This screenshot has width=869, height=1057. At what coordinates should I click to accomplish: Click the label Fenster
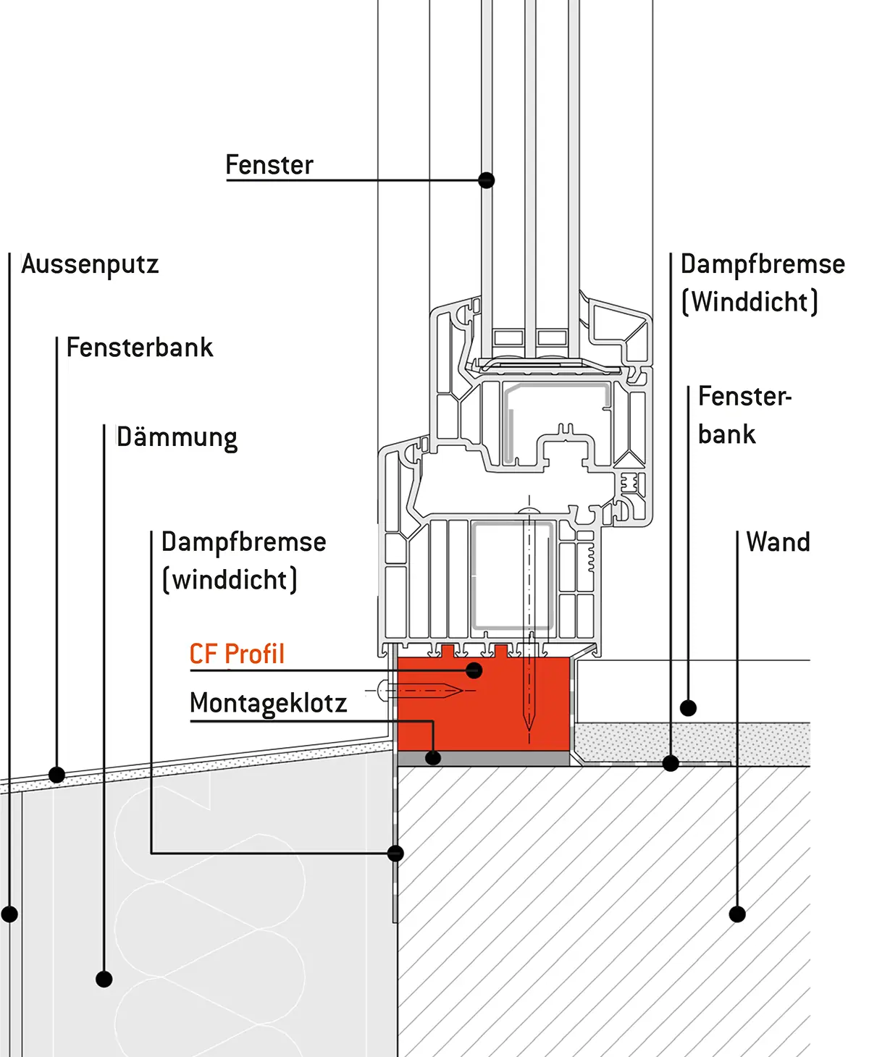click(269, 165)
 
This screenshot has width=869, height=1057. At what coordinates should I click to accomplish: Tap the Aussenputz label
click(90, 264)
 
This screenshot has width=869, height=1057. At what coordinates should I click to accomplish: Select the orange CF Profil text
click(237, 654)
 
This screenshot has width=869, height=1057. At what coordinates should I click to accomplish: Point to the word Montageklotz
click(268, 703)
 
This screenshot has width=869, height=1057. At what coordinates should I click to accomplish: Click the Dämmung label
click(177, 438)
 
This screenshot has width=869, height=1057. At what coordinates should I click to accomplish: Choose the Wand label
click(778, 542)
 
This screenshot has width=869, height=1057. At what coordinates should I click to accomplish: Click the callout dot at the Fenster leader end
click(487, 180)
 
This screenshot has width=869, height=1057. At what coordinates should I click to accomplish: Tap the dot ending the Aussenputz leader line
click(9, 914)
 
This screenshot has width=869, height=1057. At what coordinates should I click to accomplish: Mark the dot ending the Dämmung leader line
click(104, 980)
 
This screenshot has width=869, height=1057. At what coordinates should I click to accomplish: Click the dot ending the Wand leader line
click(737, 914)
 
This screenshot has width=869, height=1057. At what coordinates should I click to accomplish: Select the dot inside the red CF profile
click(474, 670)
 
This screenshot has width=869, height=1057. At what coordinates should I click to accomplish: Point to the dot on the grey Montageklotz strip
click(433, 758)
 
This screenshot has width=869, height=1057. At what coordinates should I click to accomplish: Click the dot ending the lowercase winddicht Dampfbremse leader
click(395, 854)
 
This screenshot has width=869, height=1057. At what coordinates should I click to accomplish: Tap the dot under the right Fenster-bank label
click(689, 708)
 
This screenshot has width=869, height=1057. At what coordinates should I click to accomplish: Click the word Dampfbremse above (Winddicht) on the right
click(763, 264)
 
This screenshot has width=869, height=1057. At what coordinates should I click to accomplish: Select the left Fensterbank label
click(140, 348)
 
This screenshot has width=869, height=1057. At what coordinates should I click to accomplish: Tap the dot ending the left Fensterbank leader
click(56, 775)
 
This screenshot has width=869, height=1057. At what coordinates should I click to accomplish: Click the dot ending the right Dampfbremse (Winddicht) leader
click(671, 763)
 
